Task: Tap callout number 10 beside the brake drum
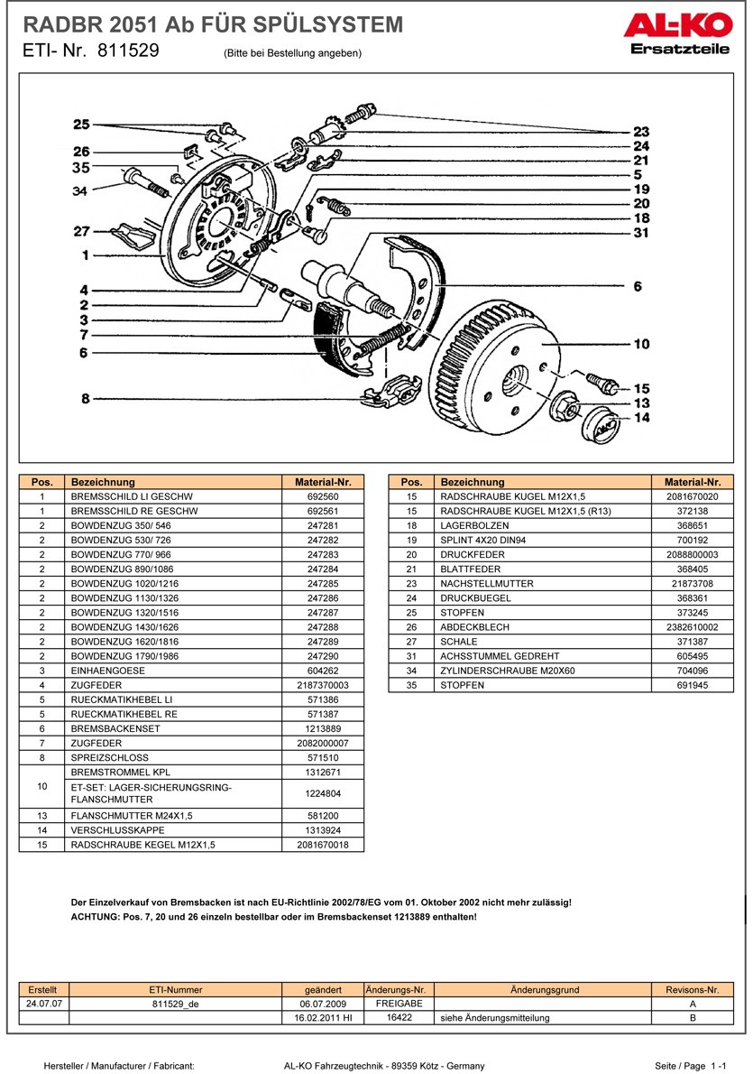point(641,344)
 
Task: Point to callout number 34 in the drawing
point(80,191)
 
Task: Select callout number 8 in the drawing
point(86,399)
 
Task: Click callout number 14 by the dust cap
point(641,418)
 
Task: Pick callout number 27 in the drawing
point(82,231)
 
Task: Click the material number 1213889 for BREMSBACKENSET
point(322,728)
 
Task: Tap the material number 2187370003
point(322,685)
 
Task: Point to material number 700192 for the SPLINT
point(693,540)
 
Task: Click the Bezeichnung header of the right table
point(472,482)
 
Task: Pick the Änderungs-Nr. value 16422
point(399,1017)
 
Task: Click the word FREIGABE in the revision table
point(399,1004)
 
